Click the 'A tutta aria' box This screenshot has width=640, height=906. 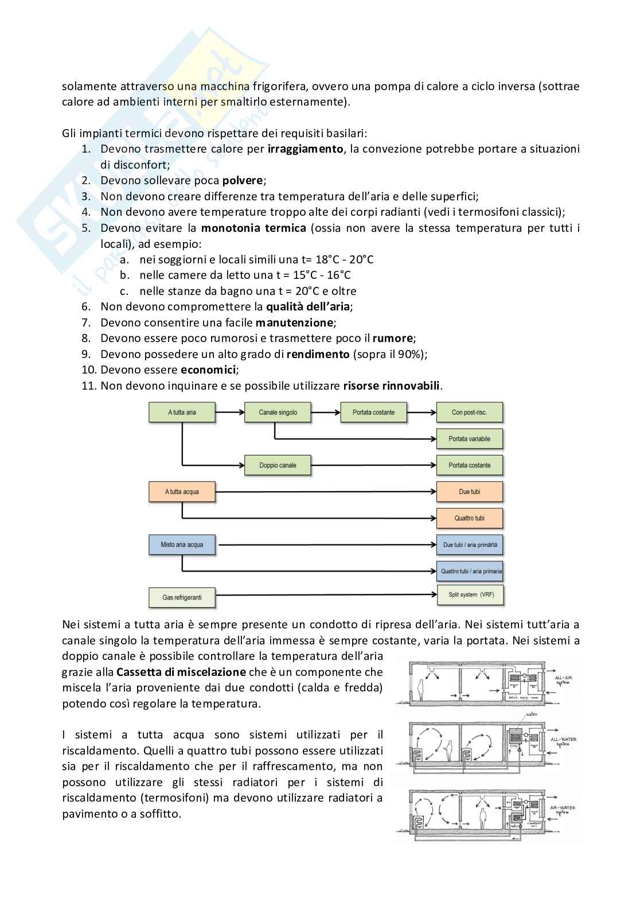pos(182,412)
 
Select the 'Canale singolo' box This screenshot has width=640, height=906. pos(278,412)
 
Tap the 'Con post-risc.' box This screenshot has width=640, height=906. pos(469,412)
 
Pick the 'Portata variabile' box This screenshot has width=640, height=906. pos(469,439)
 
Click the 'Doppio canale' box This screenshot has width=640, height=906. pos(278,465)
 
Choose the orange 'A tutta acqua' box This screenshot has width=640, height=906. pos(182,492)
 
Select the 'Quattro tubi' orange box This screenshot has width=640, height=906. pos(469,518)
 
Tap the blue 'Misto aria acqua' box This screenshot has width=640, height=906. pos(182,545)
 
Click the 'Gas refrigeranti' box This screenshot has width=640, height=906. pos(182,597)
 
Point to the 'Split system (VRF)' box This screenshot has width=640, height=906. pos(469,595)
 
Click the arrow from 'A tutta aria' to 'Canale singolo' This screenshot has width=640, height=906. pos(229,412)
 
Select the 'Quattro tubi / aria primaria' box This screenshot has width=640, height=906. pos(469,571)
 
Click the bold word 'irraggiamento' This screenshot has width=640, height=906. pos(306,149)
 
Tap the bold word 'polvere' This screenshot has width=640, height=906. pos(243,181)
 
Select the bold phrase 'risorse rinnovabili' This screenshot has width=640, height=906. pos(392,386)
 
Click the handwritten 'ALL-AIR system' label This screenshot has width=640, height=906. pos(563,681)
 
